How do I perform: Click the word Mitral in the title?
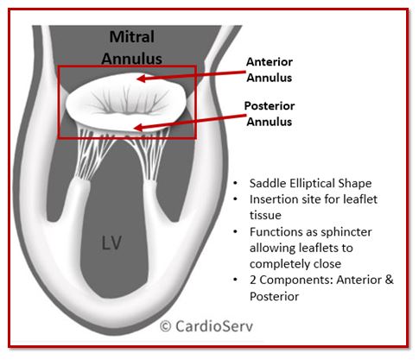[132, 37]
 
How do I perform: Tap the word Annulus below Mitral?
[131, 59]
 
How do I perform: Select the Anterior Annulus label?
[270, 70]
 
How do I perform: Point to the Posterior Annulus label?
[270, 114]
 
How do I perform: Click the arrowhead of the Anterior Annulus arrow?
[141, 79]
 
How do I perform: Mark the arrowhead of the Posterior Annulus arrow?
[139, 128]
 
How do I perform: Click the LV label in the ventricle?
[111, 243]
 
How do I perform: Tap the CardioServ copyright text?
[206, 326]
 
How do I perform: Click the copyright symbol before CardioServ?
[166, 326]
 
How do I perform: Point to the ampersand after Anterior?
[389, 280]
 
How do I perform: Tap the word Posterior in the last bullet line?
[274, 296]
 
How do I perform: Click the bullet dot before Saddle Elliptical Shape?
[236, 183]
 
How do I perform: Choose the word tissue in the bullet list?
[265, 215]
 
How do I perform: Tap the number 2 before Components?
[253, 280]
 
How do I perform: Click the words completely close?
[295, 264]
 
